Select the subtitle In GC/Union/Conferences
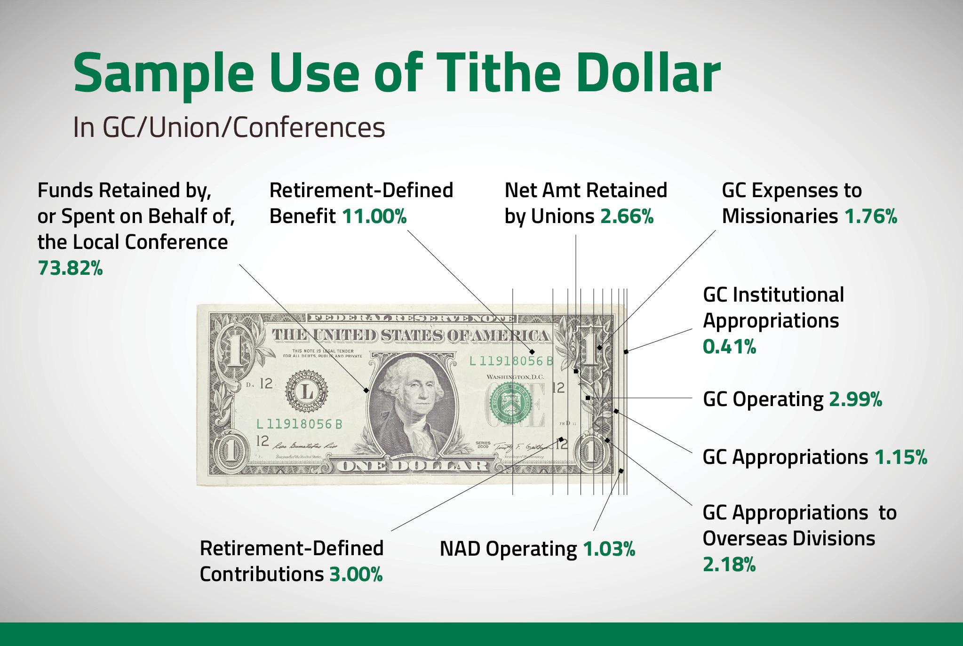(x=229, y=127)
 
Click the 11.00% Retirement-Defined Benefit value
(x=374, y=216)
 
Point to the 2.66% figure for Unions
(x=627, y=216)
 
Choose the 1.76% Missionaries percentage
(x=871, y=216)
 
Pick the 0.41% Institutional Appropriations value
(x=729, y=347)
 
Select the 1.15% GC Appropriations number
(x=900, y=457)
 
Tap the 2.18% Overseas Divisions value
(x=729, y=564)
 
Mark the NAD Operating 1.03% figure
(x=609, y=549)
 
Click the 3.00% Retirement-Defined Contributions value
(x=356, y=574)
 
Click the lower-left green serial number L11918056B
(x=299, y=424)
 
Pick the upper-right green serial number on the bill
(x=511, y=361)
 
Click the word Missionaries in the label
(x=780, y=216)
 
